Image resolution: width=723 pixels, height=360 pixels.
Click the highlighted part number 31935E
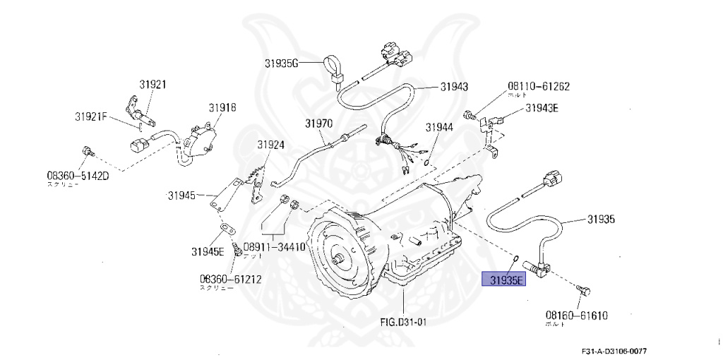click(503, 280)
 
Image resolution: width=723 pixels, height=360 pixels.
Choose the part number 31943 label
click(454, 86)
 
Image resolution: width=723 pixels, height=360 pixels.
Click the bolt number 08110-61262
click(539, 87)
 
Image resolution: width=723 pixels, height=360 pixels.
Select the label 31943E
click(542, 108)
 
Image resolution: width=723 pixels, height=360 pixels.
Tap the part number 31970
click(318, 123)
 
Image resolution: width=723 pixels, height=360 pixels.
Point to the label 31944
click(438, 128)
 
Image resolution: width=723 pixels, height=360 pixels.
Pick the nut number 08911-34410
click(274, 248)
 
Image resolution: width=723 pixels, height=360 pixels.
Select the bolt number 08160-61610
click(576, 316)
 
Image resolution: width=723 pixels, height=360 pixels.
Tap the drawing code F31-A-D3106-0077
click(612, 351)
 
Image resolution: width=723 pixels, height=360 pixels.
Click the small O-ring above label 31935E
click(516, 258)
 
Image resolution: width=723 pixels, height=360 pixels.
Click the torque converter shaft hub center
click(340, 258)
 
